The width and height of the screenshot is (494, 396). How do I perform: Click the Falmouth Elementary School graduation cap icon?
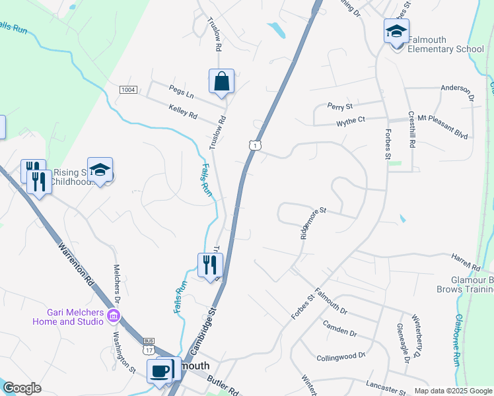point(396,31)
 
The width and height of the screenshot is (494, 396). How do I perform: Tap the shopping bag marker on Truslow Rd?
point(222,82)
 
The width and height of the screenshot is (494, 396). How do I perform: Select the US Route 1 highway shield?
point(254,145)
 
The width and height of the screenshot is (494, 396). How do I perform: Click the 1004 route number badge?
point(128,90)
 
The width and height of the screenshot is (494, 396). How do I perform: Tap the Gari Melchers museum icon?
point(114,316)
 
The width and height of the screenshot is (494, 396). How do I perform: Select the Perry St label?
point(341,106)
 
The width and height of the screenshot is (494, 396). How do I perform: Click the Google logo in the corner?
point(22,388)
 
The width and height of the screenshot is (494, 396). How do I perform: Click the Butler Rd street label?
point(223,385)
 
